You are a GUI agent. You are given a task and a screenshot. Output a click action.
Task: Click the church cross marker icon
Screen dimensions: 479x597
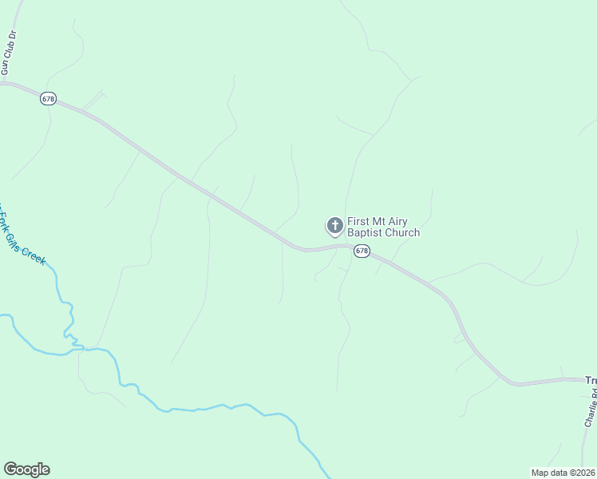334,225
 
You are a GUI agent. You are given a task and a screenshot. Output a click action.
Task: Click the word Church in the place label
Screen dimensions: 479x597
402,233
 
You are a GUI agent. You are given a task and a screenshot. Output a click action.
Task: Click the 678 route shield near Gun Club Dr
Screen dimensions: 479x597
48,97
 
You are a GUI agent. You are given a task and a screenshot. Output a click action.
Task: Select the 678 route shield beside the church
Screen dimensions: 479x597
362,251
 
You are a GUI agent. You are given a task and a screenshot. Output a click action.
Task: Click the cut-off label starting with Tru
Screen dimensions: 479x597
591,381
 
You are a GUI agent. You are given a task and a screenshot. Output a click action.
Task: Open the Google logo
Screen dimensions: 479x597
26,469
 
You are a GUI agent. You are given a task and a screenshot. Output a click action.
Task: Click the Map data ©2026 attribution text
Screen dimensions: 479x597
563,473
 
